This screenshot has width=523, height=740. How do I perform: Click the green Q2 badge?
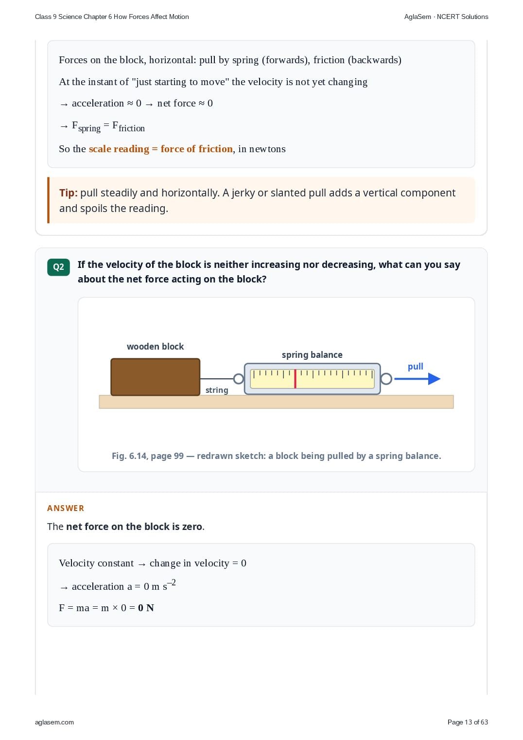[58, 267]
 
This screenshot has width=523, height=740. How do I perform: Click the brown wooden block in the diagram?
[155, 377]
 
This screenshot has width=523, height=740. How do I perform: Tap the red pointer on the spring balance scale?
[295, 379]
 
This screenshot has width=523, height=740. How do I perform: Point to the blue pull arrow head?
[434, 379]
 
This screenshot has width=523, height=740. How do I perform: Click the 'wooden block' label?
[155, 346]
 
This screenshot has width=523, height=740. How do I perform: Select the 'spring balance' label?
[312, 355]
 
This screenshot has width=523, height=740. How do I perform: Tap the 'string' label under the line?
[217, 390]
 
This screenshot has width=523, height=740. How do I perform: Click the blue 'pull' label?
[416, 367]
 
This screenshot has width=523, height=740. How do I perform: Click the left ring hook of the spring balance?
[238, 379]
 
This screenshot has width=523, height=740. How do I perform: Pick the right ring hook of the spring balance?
[386, 379]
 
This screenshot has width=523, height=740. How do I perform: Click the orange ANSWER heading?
[65, 508]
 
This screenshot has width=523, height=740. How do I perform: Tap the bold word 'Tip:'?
[69, 193]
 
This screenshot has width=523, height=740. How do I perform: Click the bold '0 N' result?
[146, 608]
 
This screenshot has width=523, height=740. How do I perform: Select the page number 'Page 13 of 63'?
[468, 722]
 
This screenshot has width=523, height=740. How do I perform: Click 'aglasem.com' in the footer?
[54, 722]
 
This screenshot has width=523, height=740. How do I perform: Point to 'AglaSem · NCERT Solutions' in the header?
[446, 17]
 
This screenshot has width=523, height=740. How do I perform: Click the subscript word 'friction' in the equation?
[132, 128]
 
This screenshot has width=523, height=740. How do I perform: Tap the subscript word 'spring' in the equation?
[89, 128]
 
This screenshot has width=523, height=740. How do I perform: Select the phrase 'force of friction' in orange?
[196, 149]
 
